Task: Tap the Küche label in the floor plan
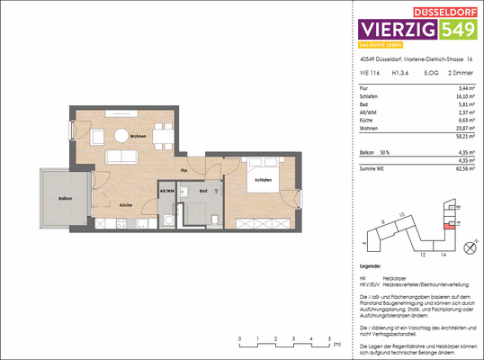click(x=125, y=205)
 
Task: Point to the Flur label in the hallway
click(x=183, y=170)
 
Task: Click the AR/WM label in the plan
click(x=166, y=192)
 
